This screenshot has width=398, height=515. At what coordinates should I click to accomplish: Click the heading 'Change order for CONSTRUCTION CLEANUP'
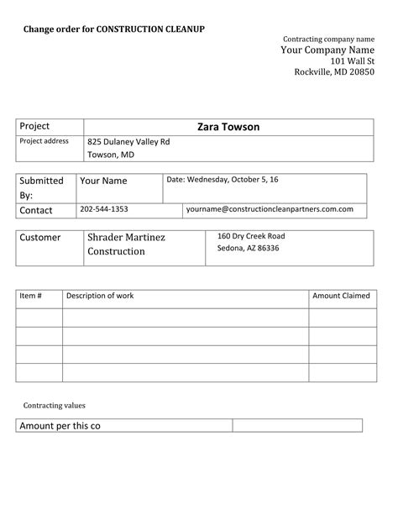[113, 29]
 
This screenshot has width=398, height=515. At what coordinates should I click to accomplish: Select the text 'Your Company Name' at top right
[327, 50]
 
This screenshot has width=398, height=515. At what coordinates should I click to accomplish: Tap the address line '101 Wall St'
[352, 61]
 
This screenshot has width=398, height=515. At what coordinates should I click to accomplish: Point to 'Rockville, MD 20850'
[334, 72]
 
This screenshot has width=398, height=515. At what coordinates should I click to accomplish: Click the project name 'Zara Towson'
[228, 127]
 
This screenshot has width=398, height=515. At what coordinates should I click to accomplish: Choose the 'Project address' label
[44, 141]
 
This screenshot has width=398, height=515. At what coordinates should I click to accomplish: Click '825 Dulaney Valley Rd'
[128, 142]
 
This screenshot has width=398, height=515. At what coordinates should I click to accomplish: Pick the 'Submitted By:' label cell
[41, 187]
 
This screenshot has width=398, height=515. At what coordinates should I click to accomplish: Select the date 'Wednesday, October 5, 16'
[223, 180]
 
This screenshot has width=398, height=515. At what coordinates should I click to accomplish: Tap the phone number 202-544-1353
[104, 208]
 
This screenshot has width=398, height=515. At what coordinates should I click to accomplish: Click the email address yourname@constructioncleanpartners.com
[270, 208]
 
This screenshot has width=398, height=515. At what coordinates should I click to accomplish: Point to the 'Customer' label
[40, 238]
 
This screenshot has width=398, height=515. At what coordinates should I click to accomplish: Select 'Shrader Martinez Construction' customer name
[126, 244]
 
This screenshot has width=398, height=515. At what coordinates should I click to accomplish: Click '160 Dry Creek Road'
[251, 236]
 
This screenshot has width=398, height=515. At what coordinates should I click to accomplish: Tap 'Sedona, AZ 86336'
[248, 249]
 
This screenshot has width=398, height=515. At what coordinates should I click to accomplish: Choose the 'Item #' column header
[30, 296]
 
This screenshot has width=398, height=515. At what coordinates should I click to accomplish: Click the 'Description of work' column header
[100, 296]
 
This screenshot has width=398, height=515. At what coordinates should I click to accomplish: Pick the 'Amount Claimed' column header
[341, 296]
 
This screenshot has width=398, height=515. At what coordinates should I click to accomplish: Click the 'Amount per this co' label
[60, 426]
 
